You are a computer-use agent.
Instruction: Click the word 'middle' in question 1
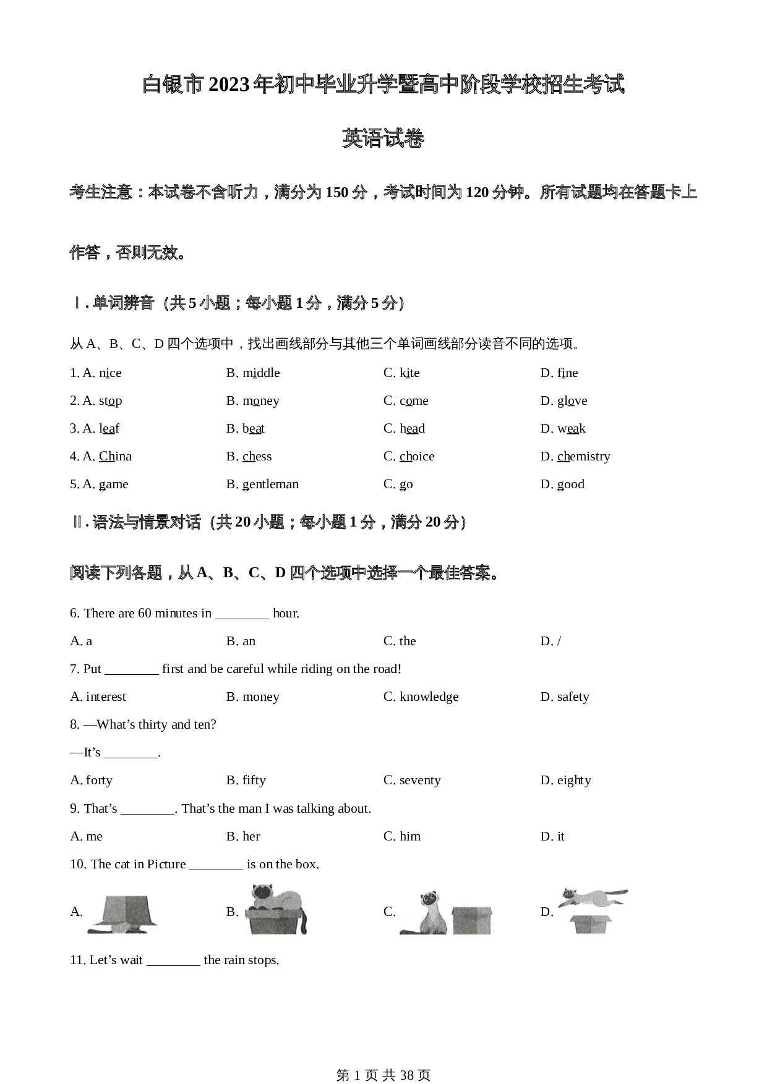point(261,373)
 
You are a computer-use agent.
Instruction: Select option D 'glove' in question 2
point(572,400)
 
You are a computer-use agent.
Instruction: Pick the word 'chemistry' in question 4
point(583,456)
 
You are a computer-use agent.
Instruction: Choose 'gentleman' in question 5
point(270,484)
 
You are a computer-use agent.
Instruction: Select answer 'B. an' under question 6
point(241,641)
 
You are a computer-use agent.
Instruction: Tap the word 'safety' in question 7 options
point(573,697)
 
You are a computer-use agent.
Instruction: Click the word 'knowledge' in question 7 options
point(429,697)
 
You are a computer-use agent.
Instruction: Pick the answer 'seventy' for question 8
point(420,780)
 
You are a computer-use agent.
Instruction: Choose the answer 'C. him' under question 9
point(402,836)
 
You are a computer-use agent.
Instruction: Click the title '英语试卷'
point(383,138)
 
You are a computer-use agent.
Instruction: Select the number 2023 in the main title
point(231,85)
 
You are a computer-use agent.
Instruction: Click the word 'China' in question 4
point(115,456)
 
